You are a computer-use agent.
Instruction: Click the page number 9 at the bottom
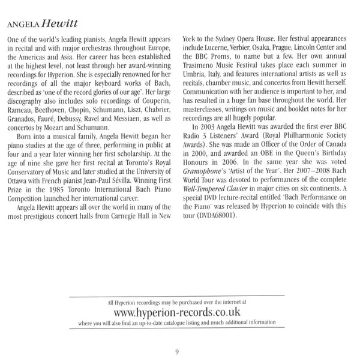pyautogui.click(x=177, y=351)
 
